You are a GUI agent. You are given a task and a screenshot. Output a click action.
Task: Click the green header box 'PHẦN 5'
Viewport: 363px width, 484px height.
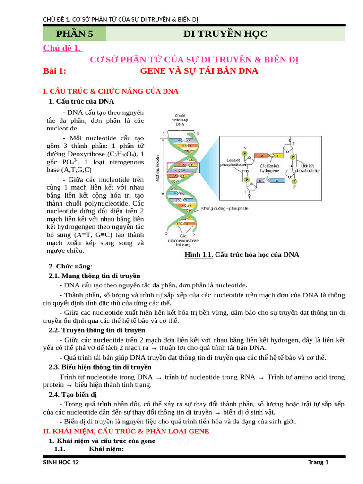click(x=75, y=34)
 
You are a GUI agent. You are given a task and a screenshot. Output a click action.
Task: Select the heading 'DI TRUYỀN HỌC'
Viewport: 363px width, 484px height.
click(x=225, y=34)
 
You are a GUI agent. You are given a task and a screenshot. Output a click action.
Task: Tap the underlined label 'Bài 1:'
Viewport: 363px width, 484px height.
click(x=55, y=71)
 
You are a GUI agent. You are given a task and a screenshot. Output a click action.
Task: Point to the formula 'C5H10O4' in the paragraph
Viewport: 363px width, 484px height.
click(x=122, y=155)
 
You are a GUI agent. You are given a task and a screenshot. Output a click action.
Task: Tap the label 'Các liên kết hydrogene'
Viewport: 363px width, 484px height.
click(x=269, y=168)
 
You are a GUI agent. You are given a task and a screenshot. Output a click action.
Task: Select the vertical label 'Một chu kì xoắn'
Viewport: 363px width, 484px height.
click(x=158, y=168)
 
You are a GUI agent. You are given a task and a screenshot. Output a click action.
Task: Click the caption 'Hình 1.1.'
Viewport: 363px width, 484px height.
click(x=199, y=255)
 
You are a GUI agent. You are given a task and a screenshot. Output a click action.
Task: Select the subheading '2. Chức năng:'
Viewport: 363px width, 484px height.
click(x=71, y=267)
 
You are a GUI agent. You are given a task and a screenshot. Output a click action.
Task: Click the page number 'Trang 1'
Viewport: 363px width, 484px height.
click(x=318, y=462)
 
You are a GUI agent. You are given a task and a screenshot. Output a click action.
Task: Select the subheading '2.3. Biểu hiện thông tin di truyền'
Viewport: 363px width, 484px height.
click(x=100, y=367)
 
